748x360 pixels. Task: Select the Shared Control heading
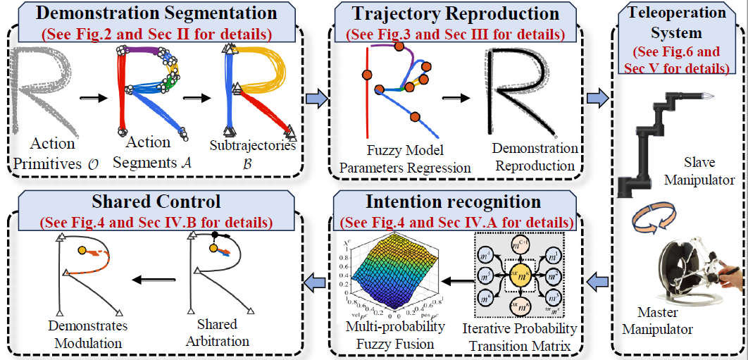point(157,201)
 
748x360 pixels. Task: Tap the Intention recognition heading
point(453,201)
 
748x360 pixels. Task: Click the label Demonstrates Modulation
point(87,333)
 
